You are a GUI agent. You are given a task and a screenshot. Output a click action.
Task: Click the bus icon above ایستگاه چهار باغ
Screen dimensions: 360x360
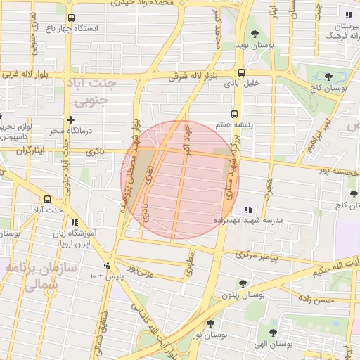point(70,18)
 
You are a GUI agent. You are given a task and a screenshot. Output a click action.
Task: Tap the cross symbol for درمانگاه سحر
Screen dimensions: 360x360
point(70,120)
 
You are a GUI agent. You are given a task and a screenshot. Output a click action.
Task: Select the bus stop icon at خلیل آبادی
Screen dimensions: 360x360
point(242,72)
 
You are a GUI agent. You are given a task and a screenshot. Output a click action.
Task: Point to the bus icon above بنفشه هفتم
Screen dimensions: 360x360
point(234,113)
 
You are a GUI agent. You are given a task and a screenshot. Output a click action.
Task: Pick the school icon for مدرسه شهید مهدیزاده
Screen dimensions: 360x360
point(247,209)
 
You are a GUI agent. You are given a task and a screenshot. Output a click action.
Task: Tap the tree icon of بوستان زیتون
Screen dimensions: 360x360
point(243,284)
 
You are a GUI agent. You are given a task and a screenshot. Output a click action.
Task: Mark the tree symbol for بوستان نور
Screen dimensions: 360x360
point(210,323)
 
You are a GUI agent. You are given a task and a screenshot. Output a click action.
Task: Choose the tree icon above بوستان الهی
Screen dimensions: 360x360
point(273,333)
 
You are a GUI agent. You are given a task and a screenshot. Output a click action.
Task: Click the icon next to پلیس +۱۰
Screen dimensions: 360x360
point(107,265)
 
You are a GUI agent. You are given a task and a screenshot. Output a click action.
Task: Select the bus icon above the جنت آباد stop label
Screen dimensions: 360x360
point(47,199)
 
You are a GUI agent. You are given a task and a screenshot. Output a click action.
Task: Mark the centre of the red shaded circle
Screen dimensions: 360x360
point(180,179)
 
